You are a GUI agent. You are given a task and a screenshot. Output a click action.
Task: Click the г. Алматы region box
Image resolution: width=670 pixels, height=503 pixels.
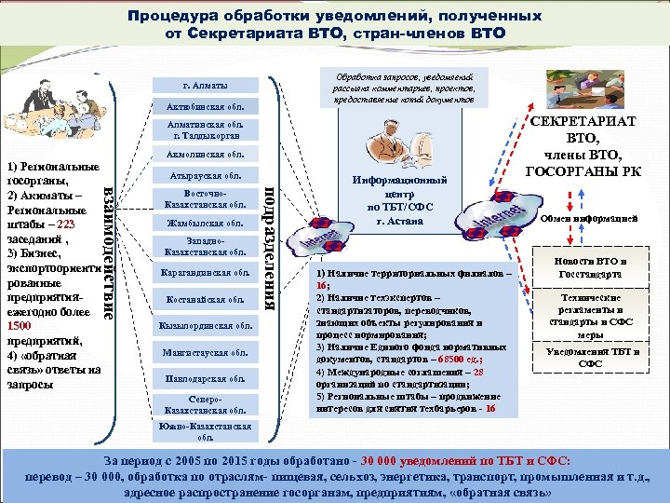(x=206, y=85)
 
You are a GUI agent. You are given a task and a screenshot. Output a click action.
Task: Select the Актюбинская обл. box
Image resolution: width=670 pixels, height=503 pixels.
(x=205, y=105)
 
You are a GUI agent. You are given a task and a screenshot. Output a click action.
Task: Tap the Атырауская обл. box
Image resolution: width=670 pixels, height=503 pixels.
(x=205, y=174)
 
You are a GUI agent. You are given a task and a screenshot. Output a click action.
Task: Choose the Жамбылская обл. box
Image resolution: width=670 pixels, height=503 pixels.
(x=205, y=224)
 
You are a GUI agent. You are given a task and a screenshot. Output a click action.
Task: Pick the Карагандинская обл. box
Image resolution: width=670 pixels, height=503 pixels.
(x=205, y=273)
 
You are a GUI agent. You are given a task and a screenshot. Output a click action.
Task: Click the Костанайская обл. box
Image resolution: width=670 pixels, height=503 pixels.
(x=205, y=299)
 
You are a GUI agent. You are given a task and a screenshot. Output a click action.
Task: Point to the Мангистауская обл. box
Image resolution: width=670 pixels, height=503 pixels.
(x=205, y=353)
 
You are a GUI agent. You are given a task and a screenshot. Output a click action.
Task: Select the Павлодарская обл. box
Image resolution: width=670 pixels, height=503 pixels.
(x=205, y=379)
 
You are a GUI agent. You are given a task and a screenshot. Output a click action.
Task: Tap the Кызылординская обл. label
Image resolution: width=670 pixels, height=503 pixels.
(x=205, y=326)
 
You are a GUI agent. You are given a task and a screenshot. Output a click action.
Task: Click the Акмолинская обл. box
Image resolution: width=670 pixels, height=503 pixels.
(x=205, y=154)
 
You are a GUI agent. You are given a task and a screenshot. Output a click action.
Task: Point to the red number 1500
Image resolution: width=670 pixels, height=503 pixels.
(x=19, y=327)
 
